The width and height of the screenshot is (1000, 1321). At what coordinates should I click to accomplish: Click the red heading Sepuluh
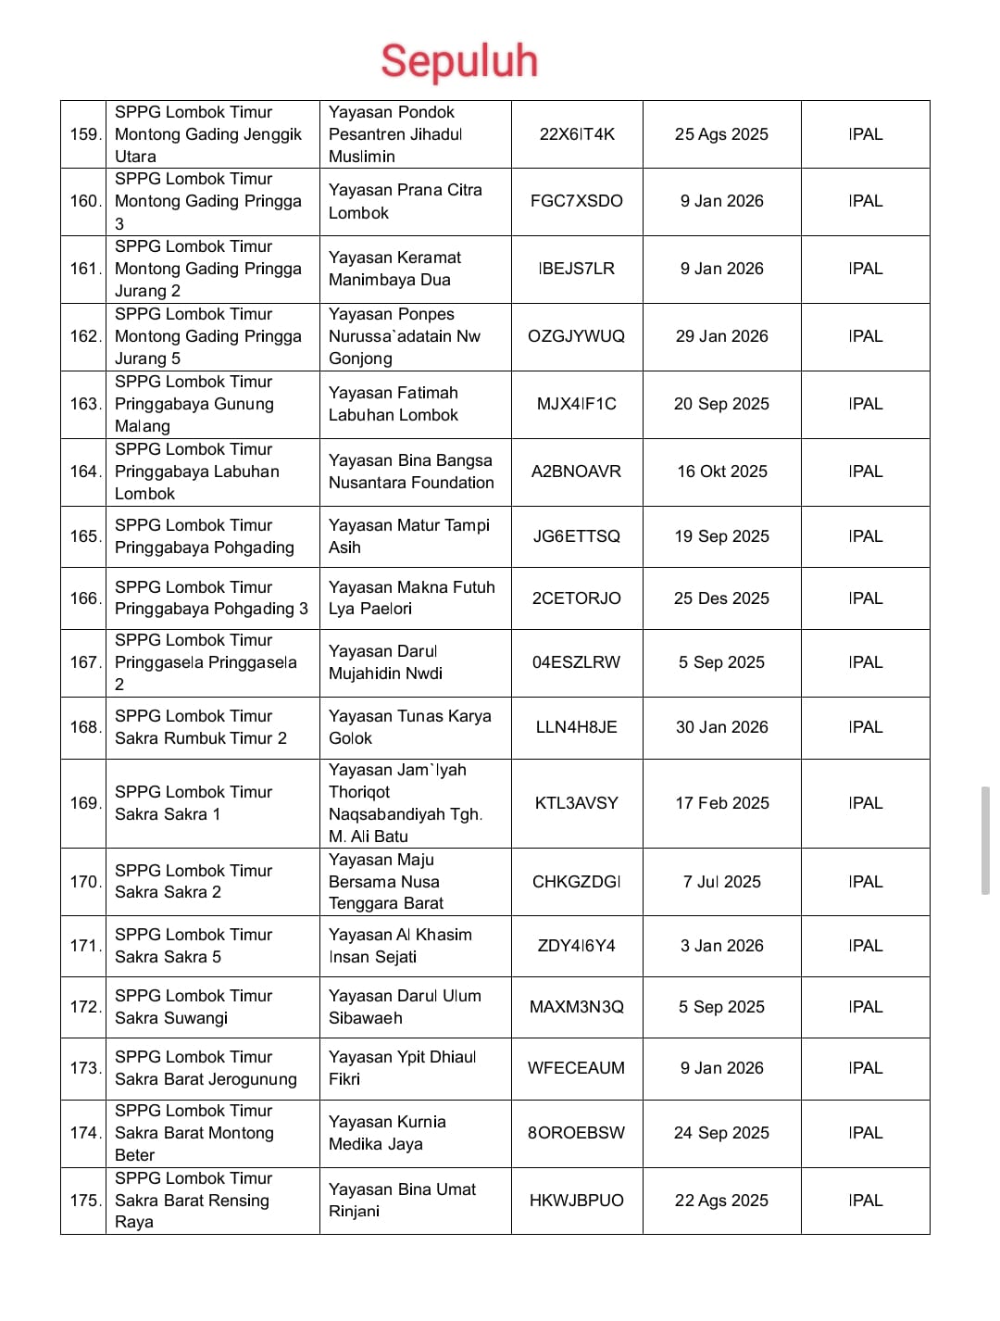459,61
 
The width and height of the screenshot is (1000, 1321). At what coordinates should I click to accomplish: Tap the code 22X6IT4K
577,134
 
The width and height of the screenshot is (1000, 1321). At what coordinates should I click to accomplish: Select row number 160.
84,201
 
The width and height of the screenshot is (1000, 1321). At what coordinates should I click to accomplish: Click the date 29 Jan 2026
721,336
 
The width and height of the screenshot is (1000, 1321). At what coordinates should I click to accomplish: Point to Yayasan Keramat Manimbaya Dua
394,269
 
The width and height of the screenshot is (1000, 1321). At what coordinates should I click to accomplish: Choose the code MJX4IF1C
577,404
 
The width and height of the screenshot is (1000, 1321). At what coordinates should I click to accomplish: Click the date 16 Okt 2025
721,472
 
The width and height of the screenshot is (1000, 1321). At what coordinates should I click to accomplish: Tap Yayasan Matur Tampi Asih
408,536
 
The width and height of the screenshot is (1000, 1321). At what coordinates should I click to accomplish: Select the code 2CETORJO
577,598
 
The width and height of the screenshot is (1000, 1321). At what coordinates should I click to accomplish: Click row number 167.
84,662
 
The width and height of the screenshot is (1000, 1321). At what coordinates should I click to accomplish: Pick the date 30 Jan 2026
721,727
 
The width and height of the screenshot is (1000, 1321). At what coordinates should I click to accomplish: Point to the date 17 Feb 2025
721,803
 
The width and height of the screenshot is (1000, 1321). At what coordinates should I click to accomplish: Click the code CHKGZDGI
577,882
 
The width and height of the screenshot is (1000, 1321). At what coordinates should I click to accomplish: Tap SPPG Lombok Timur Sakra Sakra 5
194,946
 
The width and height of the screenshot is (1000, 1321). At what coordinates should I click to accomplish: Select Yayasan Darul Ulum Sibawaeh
405,1007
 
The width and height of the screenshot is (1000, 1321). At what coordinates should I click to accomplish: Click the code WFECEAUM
577,1068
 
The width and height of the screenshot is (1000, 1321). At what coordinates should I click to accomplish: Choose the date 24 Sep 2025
721,1133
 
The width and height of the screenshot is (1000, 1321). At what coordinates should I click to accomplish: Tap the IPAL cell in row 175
865,1201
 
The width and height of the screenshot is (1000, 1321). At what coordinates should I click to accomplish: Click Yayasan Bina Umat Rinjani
402,1201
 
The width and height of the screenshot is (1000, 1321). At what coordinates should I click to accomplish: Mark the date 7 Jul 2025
721,882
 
